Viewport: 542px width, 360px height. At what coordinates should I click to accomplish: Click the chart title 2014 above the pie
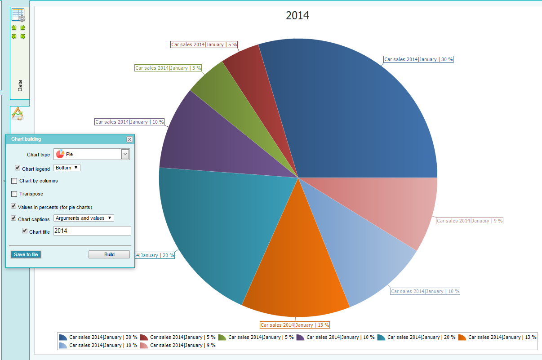pyautogui.click(x=298, y=15)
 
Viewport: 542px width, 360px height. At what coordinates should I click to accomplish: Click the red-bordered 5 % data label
pyautogui.click(x=204, y=44)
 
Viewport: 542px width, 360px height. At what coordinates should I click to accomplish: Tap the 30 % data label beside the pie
pyautogui.click(x=418, y=59)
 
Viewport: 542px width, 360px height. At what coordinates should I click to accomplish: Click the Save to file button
pyautogui.click(x=26, y=254)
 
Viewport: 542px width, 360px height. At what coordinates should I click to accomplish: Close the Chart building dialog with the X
pyautogui.click(x=130, y=139)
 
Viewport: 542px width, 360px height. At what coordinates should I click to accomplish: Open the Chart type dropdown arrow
pyautogui.click(x=125, y=154)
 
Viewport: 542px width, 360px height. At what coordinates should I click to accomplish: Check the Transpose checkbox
pyautogui.click(x=14, y=194)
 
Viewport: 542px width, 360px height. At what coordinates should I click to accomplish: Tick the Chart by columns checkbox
pyautogui.click(x=14, y=181)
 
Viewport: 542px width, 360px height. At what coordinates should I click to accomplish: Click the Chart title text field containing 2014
pyautogui.click(x=92, y=231)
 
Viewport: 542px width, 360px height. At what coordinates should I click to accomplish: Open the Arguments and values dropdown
pyautogui.click(x=84, y=218)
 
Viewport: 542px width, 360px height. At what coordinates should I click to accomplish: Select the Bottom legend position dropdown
pyautogui.click(x=67, y=168)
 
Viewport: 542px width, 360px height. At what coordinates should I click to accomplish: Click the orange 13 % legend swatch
pyautogui.click(x=462, y=337)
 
